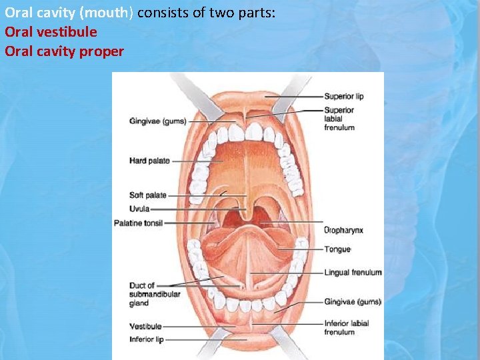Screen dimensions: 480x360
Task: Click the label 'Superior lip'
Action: pyautogui.click(x=343, y=97)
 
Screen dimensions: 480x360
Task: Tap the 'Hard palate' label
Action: pyautogui.click(x=149, y=161)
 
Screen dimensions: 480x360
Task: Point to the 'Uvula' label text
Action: pyautogui.click(x=140, y=209)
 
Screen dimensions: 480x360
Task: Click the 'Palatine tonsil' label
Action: pyautogui.click(x=138, y=223)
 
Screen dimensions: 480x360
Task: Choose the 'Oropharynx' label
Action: pyautogui.click(x=343, y=230)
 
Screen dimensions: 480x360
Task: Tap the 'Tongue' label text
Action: pyautogui.click(x=337, y=249)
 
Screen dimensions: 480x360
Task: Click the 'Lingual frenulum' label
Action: pyautogui.click(x=353, y=273)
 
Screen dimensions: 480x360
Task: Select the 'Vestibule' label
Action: pyautogui.click(x=145, y=327)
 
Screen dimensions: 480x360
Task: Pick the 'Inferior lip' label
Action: pyautogui.click(x=146, y=339)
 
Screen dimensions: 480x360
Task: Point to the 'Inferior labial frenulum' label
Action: pyautogui.click(x=346, y=327)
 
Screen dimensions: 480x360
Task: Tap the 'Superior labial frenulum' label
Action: pyautogui.click(x=339, y=119)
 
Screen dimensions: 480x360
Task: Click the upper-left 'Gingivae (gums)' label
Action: pyautogui.click(x=157, y=121)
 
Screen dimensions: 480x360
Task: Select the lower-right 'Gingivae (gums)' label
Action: pyautogui.click(x=352, y=302)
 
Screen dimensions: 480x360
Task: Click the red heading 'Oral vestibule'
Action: pyautogui.click(x=51, y=32)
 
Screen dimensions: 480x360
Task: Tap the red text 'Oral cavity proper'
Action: pyautogui.click(x=64, y=51)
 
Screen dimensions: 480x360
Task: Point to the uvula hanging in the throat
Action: pyautogui.click(x=248, y=214)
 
